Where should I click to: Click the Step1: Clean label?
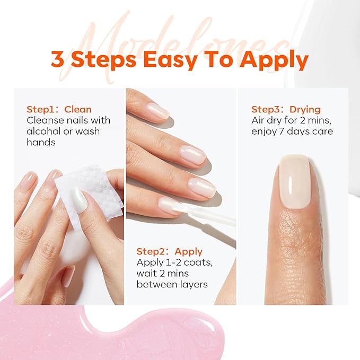click(x=59, y=109)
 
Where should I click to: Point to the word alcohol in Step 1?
click(x=44, y=130)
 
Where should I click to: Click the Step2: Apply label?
click(x=170, y=251)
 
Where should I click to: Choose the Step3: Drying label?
click(x=286, y=109)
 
